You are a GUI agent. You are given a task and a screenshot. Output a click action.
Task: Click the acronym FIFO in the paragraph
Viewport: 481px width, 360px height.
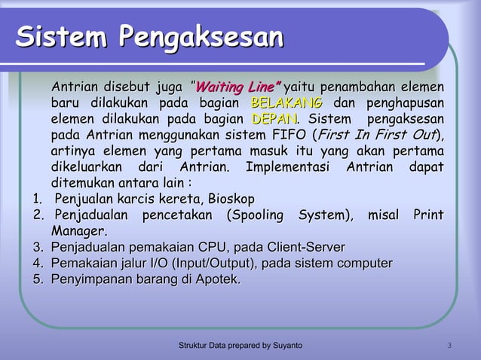(283, 136)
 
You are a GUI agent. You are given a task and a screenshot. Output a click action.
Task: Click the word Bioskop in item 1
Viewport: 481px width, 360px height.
(230, 199)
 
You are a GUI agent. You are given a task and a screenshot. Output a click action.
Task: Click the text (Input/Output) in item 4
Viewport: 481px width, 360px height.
(213, 263)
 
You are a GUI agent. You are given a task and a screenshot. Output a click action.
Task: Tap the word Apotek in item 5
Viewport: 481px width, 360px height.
(216, 279)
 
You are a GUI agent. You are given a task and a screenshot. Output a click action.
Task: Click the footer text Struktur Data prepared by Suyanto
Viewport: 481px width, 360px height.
(240, 345)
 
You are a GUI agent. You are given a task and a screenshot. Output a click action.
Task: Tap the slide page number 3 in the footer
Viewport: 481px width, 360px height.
(449, 345)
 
